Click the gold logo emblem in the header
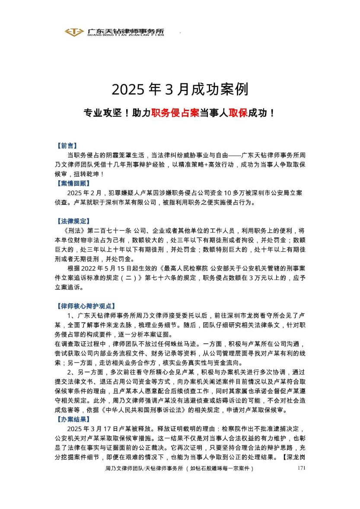point(74,32)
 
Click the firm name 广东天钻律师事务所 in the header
point(125,31)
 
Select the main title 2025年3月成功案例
point(180,90)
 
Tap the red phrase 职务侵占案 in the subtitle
point(175,113)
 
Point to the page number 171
point(302,468)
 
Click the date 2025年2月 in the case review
point(86,193)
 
